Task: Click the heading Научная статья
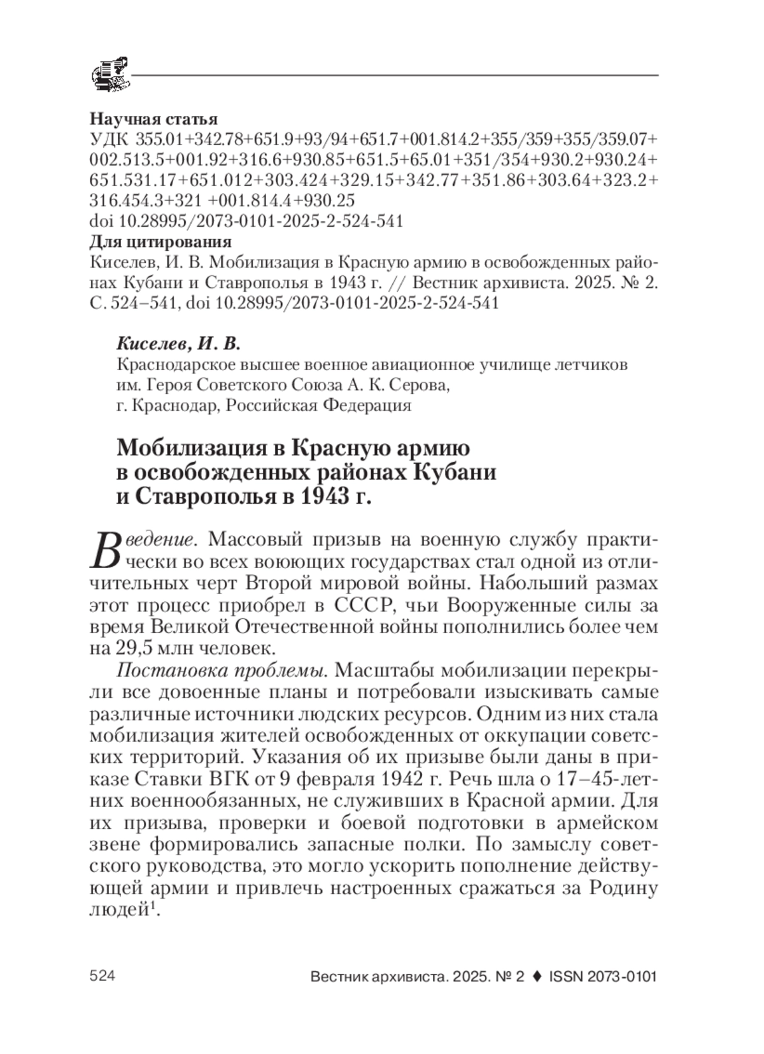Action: click(x=153, y=119)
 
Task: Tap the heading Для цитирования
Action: click(x=160, y=242)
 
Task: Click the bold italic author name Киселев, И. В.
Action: click(x=179, y=345)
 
